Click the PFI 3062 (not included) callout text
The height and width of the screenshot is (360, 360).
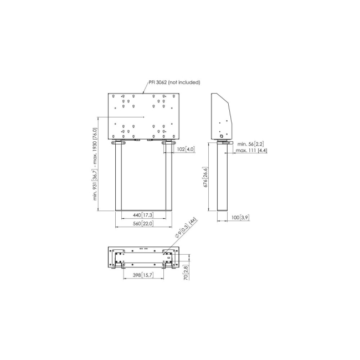tap(174, 82)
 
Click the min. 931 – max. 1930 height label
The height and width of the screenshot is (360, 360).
tap(95, 164)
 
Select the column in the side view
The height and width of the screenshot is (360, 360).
tap(222, 177)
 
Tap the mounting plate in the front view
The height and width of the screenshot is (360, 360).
tap(143, 116)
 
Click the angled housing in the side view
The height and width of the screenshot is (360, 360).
tap(222, 116)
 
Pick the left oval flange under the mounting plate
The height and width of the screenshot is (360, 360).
tap(119, 143)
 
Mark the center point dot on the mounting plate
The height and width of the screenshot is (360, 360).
tap(144, 117)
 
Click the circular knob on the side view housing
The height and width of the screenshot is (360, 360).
tap(222, 136)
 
